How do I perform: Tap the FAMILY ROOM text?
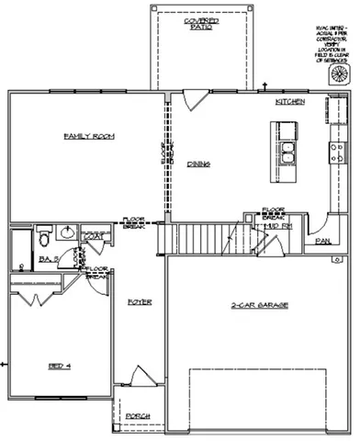coord(82,136)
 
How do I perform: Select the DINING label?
coord(198,164)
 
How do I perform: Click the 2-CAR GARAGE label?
coord(246,308)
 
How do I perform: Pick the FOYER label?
coord(140,301)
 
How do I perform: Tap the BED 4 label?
coord(60,365)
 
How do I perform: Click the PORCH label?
coord(138,415)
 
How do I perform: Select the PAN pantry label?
coord(322,241)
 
